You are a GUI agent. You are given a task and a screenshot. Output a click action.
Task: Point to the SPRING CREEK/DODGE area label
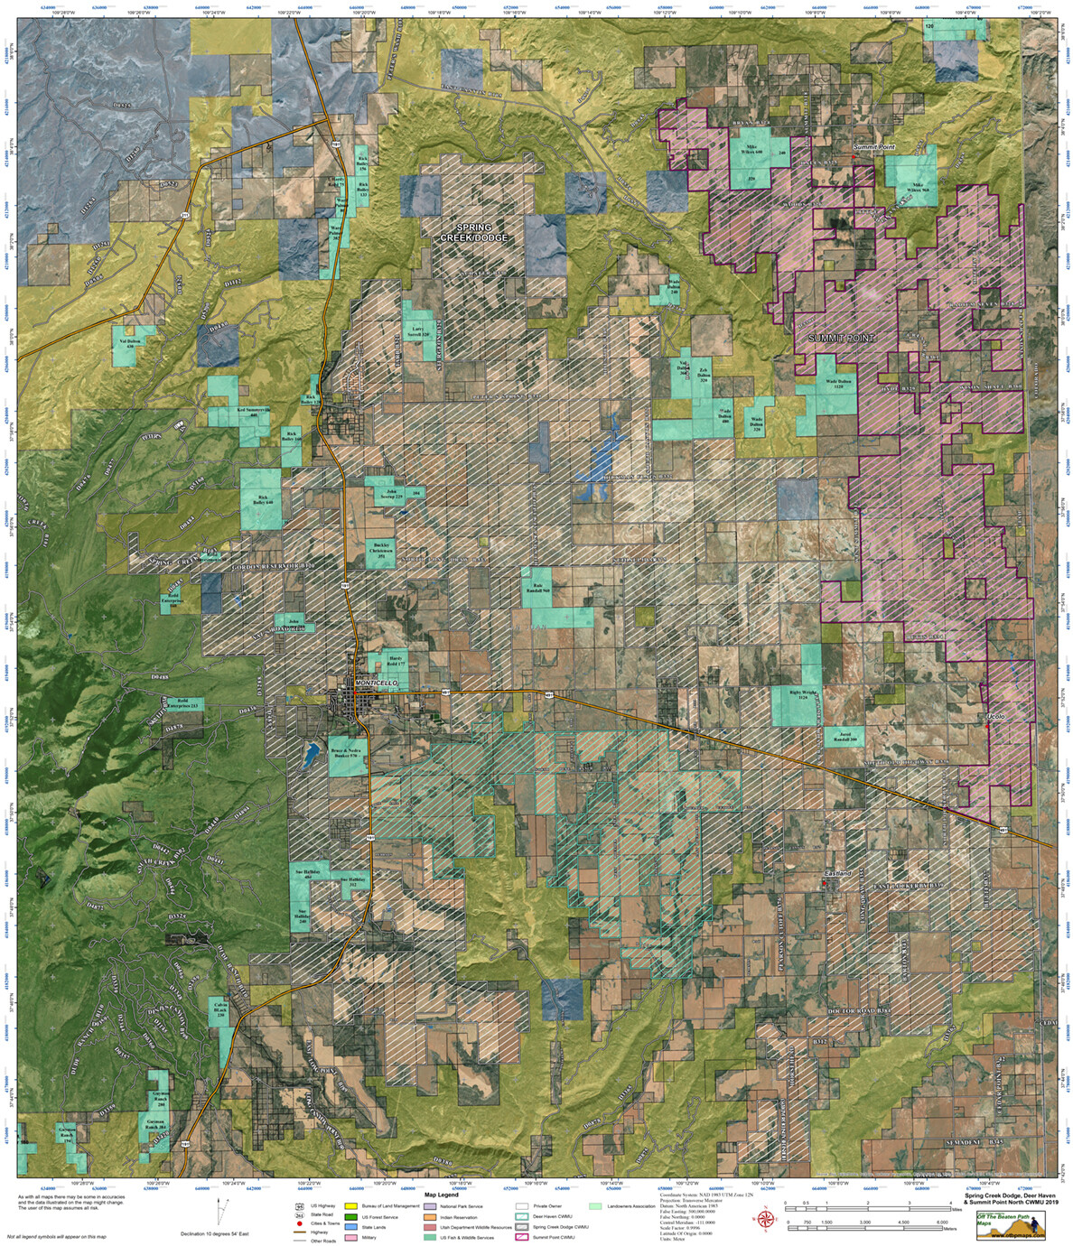(475, 231)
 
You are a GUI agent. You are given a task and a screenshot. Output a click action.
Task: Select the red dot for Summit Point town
(853, 154)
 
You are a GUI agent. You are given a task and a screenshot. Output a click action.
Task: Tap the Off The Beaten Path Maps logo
(1013, 1225)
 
